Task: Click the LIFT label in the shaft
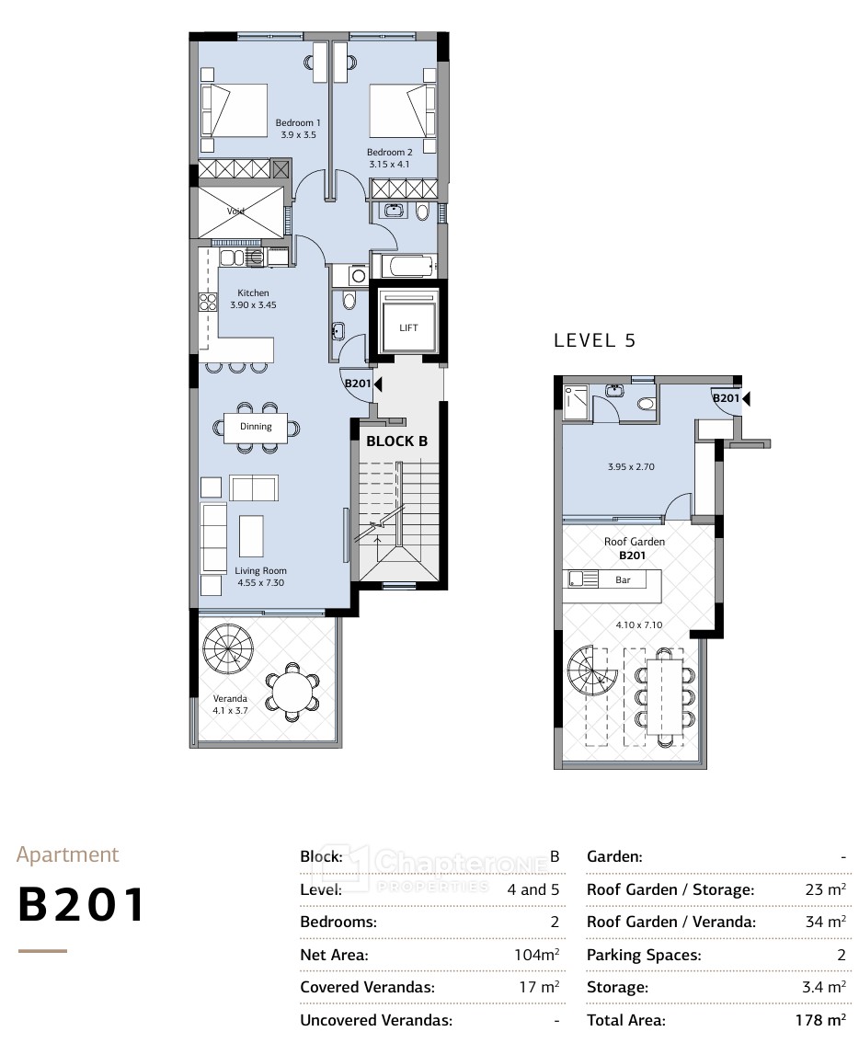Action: click(x=408, y=327)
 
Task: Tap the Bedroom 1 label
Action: click(x=298, y=123)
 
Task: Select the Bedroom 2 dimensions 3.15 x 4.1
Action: click(x=389, y=165)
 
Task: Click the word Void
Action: click(x=235, y=212)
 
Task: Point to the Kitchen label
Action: click(x=254, y=292)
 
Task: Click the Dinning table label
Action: click(x=257, y=427)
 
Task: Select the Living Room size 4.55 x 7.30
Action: click(x=261, y=583)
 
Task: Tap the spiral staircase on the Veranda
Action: click(x=228, y=648)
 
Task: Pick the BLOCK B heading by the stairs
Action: click(x=396, y=441)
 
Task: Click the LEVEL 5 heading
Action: click(x=595, y=340)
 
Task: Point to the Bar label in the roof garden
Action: click(x=623, y=580)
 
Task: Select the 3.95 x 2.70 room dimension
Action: click(x=631, y=467)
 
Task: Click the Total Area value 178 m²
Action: click(x=820, y=1020)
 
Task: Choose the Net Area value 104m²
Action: click(x=536, y=955)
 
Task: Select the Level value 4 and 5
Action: click(x=533, y=889)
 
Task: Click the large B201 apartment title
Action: click(x=81, y=905)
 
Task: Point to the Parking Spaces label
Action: click(x=644, y=956)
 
